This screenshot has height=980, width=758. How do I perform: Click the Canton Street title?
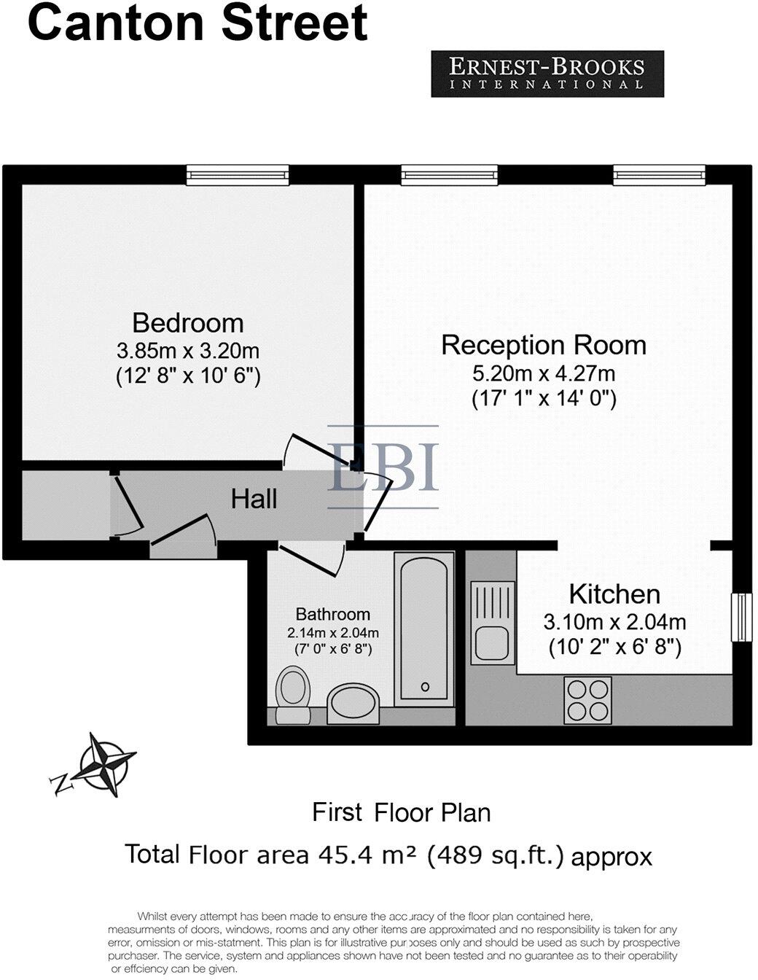coord(197,23)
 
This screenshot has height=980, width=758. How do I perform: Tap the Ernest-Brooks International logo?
coord(547,74)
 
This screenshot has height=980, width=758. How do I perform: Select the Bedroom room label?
coord(187,322)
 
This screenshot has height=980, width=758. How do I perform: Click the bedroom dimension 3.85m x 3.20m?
coord(187,351)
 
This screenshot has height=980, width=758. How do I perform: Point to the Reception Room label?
coord(544,345)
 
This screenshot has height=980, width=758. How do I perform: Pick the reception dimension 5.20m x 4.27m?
coord(544,373)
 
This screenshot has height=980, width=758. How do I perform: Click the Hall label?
coord(254,499)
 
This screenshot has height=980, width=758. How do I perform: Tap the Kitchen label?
coord(614,594)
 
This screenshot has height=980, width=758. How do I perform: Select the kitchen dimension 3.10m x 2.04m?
coord(614,622)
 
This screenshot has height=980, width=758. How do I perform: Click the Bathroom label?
coord(332,614)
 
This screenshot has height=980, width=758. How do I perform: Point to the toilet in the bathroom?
coord(293,695)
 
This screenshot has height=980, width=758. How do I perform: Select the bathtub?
coord(424,629)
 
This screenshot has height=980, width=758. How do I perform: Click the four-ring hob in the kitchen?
coord(587,700)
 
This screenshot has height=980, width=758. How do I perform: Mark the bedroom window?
coord(238,174)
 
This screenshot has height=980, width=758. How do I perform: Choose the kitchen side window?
coord(741,617)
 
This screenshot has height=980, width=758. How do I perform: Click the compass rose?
coord(107,763)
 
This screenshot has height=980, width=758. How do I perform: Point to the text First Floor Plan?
coord(401,812)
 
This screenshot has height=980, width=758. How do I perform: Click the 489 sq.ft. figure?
coord(496,855)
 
